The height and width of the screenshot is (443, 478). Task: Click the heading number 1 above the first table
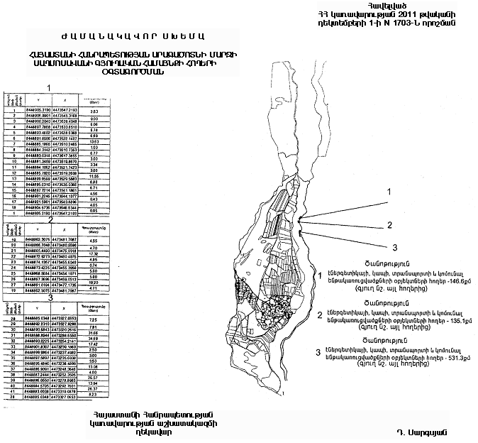pyautogui.click(x=49, y=87)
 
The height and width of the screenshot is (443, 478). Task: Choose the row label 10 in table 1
pyautogui.click(x=13, y=163)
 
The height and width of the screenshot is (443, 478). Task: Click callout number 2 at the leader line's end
pyautogui.click(x=389, y=226)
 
